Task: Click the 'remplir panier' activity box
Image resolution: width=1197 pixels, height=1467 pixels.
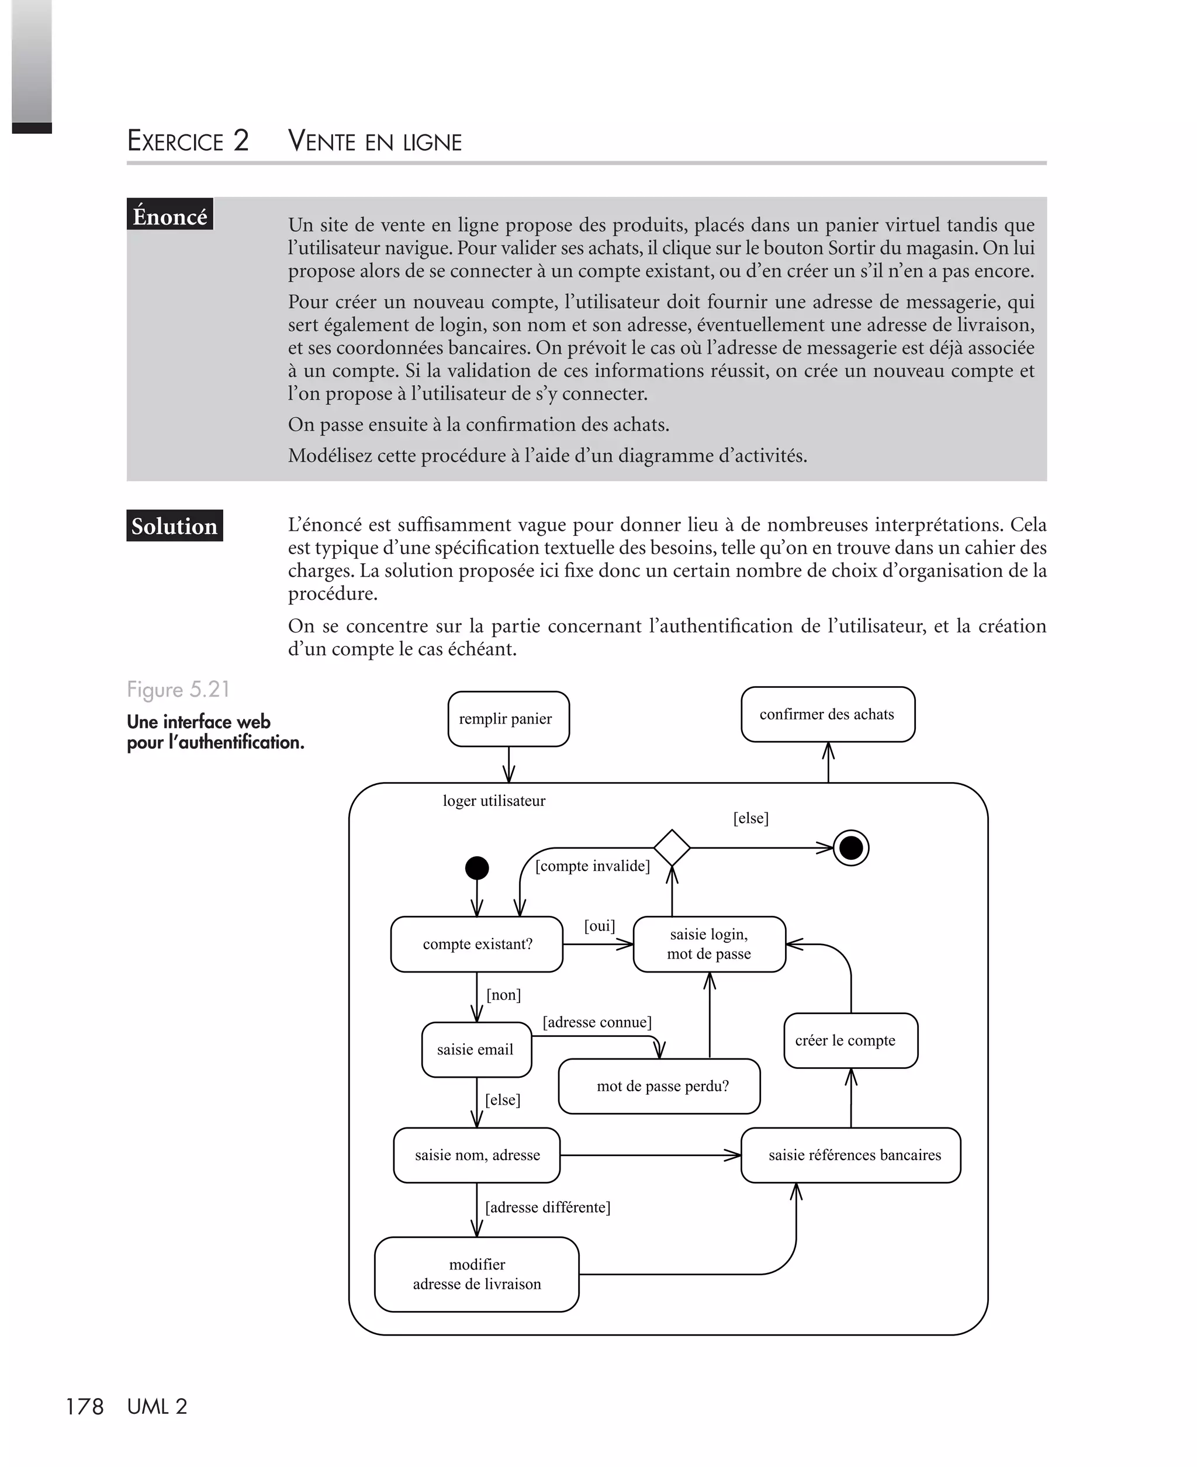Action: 508,719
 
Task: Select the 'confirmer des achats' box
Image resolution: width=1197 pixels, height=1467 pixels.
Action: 828,714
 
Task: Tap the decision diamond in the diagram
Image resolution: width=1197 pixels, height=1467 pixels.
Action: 672,848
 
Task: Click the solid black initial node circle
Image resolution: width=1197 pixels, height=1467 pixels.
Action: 477,868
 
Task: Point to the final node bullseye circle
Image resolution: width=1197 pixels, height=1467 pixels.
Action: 851,848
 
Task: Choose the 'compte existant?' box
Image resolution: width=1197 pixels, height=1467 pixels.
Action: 477,944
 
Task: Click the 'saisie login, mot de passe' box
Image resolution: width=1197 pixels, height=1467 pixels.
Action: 709,944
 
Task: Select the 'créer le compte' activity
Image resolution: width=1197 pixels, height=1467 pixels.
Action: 850,1040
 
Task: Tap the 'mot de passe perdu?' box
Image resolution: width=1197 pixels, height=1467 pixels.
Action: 659,1087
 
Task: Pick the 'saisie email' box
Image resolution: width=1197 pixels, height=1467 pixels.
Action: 476,1050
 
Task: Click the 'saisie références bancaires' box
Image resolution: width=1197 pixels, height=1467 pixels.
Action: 850,1155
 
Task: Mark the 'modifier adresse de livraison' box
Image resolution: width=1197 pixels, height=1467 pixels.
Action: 476,1274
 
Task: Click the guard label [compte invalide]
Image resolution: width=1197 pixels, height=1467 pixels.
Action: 592,866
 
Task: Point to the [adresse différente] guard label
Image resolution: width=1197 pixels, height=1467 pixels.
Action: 548,1207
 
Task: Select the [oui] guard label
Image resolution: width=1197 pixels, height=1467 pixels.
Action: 599,926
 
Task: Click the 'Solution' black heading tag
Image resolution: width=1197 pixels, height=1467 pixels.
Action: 174,526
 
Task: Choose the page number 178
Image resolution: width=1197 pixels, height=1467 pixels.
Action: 84,1407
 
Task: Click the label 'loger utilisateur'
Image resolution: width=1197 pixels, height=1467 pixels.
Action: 494,801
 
